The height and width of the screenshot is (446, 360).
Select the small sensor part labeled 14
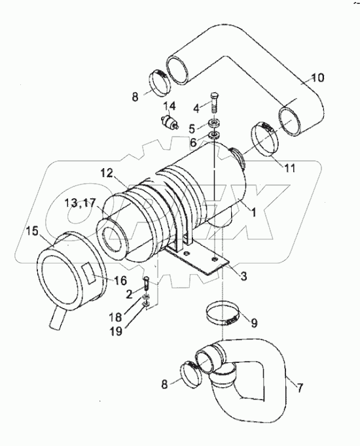tap(171, 122)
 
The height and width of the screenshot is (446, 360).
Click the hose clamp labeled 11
tap(265, 138)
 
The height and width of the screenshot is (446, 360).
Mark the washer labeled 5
tap(215, 124)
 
